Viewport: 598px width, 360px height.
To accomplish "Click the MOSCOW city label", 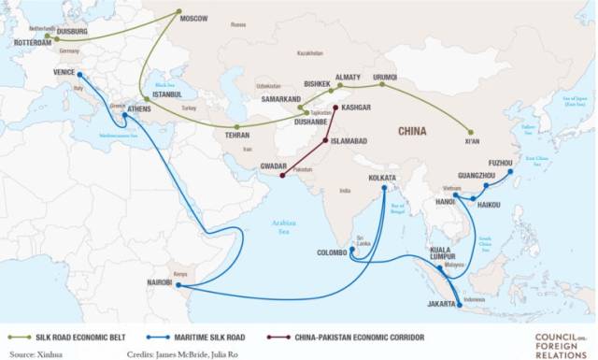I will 194,18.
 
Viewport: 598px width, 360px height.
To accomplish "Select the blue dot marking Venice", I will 78,76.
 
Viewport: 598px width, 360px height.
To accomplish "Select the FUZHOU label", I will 502,163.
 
